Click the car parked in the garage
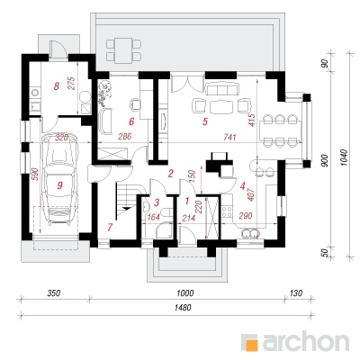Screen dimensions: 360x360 pos(59,179)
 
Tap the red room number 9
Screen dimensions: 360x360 pos(59,186)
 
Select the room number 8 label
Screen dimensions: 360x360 pos(56,86)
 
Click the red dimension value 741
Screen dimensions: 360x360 pos(229,137)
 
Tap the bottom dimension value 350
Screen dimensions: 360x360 pos(55,292)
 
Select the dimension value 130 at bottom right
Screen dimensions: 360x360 pos(296,292)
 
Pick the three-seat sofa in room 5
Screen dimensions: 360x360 pos(221,89)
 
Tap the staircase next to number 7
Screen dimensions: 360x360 pos(128,198)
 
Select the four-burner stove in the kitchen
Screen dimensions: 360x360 pos(227,211)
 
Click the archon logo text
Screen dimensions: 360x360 pos(305,342)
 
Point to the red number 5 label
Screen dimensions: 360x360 pos(205,121)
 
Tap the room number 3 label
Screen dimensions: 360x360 pos(157,202)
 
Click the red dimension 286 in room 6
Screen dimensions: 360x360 pos(125,137)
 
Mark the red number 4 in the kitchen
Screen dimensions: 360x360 pos(243,186)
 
